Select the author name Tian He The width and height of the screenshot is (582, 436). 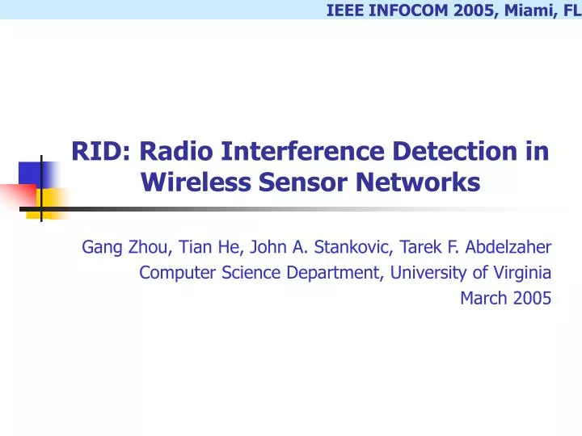pyautogui.click(x=206, y=246)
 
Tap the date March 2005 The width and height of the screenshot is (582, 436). pyautogui.click(x=505, y=298)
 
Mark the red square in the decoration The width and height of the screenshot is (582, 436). pyautogui.click(x=16, y=195)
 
